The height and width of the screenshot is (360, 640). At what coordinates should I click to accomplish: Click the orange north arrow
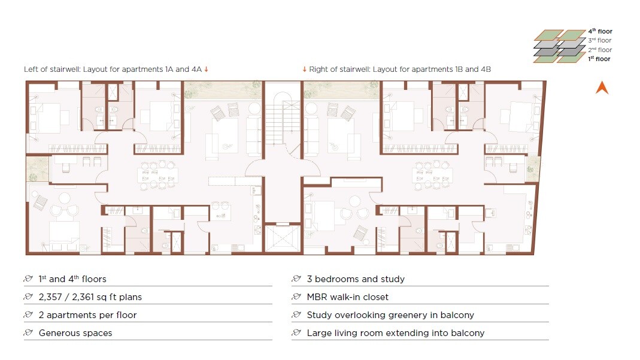click(602, 88)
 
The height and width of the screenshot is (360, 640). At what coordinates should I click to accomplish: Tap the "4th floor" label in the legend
click(600, 31)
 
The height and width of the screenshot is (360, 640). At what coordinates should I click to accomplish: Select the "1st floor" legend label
click(599, 59)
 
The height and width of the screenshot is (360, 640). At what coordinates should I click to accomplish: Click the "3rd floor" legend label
click(600, 40)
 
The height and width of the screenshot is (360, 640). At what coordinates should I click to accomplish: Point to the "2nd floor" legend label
click(600, 49)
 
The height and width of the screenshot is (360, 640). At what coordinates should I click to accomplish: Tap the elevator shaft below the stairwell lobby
click(283, 239)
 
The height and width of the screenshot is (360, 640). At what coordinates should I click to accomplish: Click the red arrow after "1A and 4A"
click(206, 69)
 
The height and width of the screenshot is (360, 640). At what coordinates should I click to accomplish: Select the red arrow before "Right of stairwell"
click(305, 69)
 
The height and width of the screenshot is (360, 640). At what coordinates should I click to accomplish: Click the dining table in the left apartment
click(158, 176)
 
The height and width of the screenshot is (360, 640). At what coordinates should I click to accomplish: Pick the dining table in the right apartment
click(432, 176)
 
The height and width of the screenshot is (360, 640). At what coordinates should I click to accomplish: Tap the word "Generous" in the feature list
click(56, 333)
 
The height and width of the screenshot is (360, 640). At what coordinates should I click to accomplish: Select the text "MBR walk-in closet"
click(347, 297)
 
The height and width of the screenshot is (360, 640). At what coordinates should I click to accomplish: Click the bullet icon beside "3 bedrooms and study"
click(296, 279)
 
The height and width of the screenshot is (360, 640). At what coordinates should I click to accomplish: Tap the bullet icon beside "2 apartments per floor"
click(28, 314)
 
